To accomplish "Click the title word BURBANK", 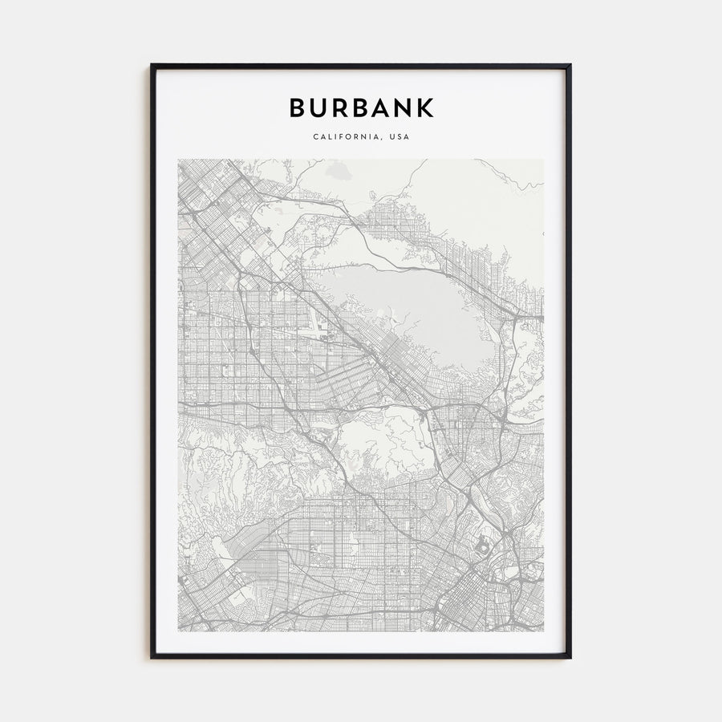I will (361, 107).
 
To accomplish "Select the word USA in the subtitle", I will (399, 136).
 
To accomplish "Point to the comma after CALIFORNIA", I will (380, 139).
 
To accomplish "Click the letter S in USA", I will (399, 136).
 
